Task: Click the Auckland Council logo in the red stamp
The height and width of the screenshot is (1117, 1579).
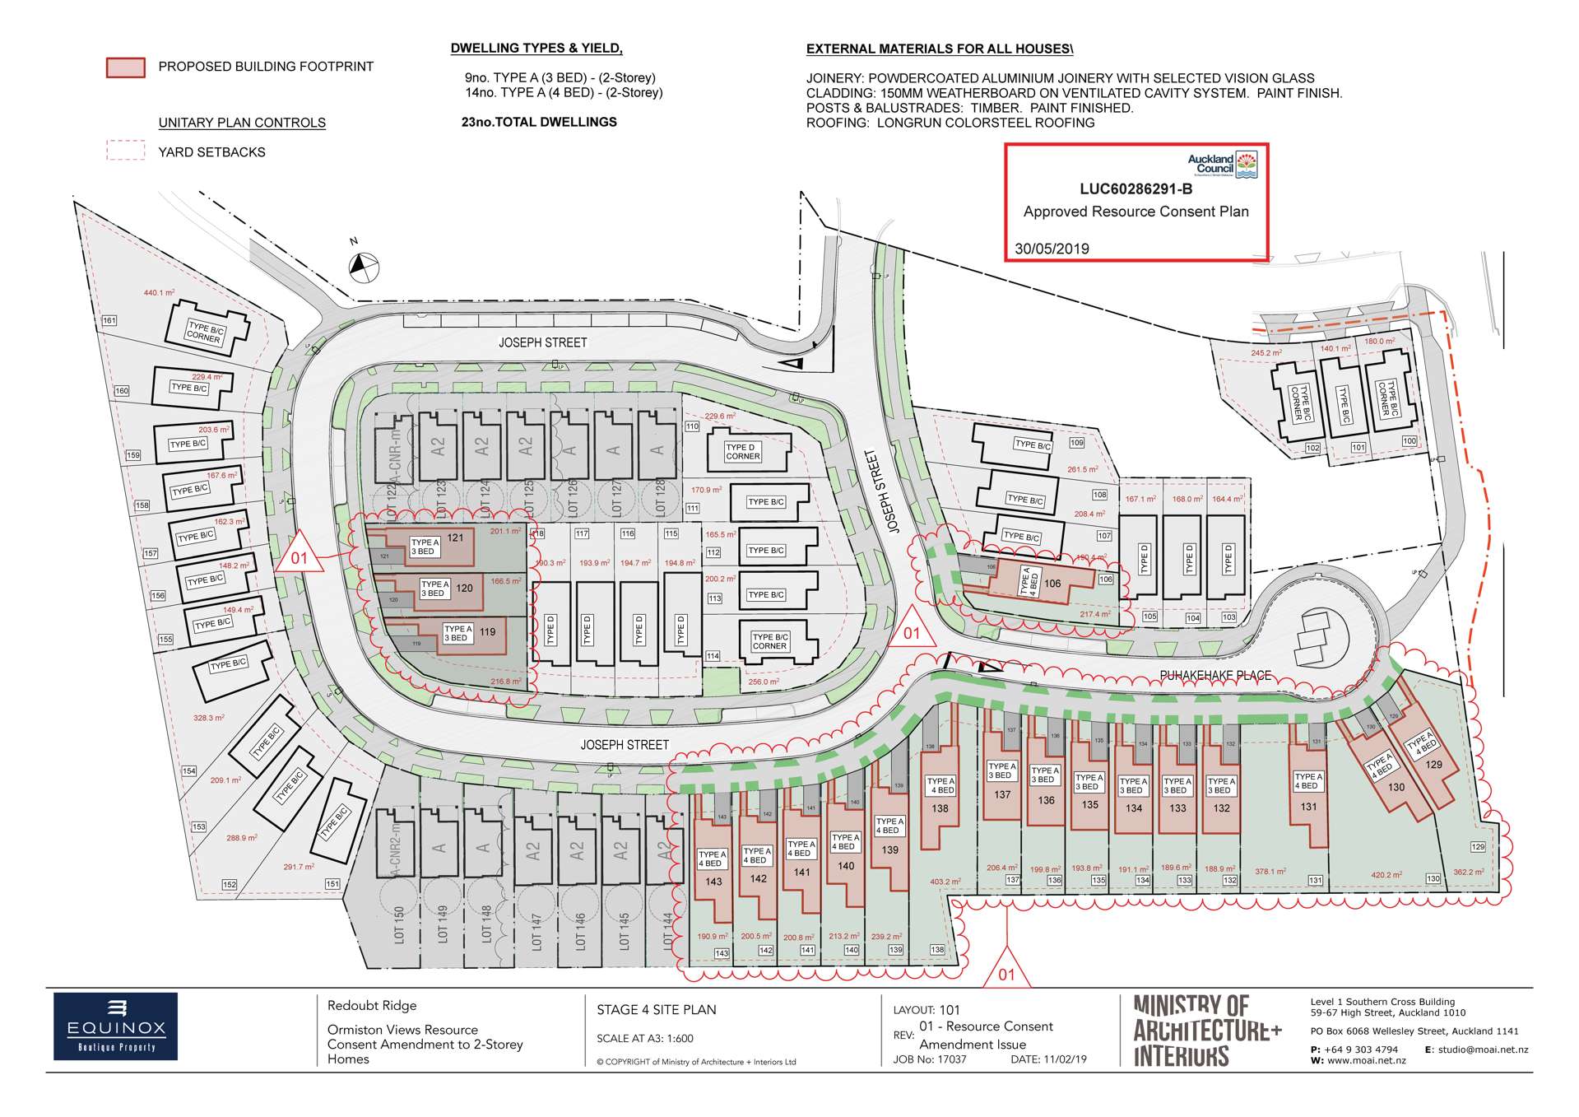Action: (1223, 165)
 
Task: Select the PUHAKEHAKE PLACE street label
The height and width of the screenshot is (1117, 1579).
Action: (1215, 676)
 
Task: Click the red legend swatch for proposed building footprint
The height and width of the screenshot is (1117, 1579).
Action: (126, 67)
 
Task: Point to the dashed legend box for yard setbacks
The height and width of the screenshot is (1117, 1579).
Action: (126, 151)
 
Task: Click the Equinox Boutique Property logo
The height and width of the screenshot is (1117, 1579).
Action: (115, 1026)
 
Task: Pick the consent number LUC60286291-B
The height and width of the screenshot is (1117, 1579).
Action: (1135, 188)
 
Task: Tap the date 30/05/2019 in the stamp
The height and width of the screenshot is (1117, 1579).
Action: (1052, 249)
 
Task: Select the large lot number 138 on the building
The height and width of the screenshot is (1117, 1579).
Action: (940, 808)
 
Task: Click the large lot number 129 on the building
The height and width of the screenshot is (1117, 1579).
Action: (1433, 764)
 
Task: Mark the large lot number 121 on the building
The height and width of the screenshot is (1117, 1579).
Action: (455, 538)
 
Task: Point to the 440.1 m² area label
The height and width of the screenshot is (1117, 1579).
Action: (159, 293)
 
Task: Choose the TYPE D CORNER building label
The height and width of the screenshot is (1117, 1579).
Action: (742, 452)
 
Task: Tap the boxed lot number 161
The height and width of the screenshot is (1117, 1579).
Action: (109, 320)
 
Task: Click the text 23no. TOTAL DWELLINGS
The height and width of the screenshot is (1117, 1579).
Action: (539, 122)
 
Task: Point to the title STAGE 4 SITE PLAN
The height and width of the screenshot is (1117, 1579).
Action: (656, 1010)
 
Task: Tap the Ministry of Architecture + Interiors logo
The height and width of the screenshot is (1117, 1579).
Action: (1207, 1031)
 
